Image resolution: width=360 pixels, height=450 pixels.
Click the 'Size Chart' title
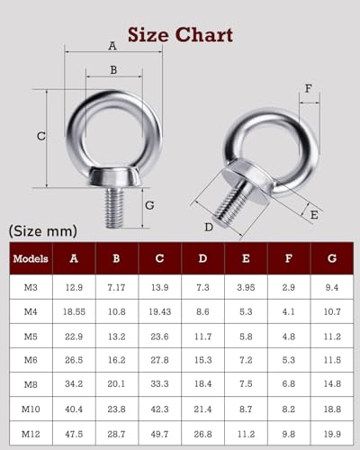[180, 35]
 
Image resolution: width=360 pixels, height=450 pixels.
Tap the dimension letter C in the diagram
[40, 137]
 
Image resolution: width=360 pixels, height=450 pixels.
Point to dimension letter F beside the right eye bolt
[309, 88]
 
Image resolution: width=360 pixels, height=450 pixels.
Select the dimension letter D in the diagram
[209, 226]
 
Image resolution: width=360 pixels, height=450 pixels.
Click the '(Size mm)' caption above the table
[43, 231]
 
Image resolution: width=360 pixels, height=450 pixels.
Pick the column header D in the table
[203, 259]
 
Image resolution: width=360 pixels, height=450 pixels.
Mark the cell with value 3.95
[246, 289]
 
